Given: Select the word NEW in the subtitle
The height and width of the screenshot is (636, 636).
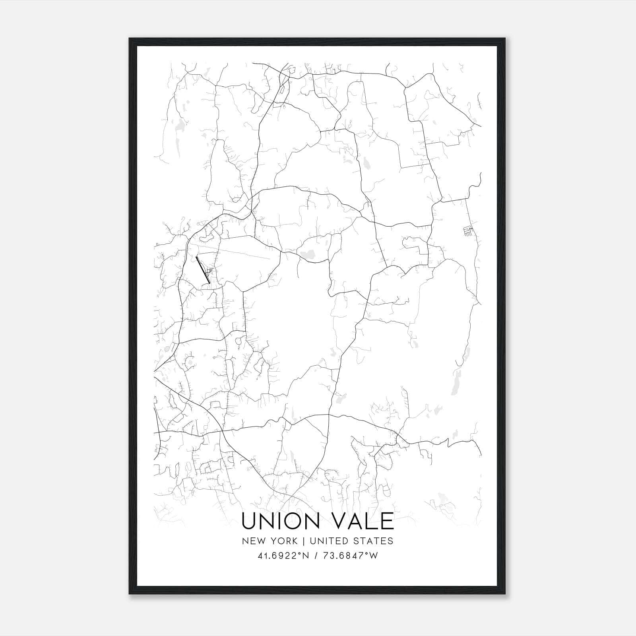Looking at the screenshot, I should tap(255, 541).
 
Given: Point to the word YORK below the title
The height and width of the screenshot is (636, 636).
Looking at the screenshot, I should tap(284, 541).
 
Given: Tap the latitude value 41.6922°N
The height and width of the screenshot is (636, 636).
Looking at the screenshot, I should tap(284, 556).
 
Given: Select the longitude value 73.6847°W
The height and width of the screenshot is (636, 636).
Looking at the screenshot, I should tap(352, 556).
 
